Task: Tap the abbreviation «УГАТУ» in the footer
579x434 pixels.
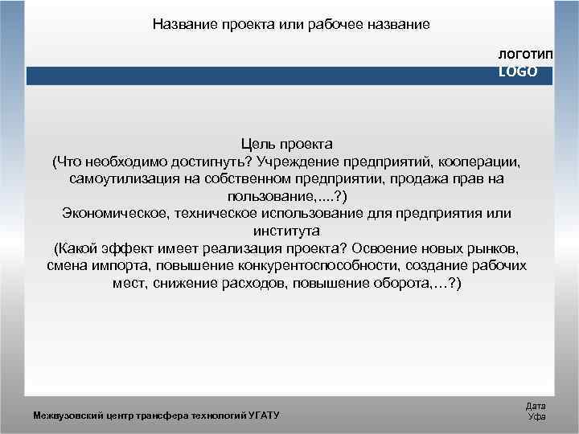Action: click(x=261, y=416)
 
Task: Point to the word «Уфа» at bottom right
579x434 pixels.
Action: click(x=535, y=416)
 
